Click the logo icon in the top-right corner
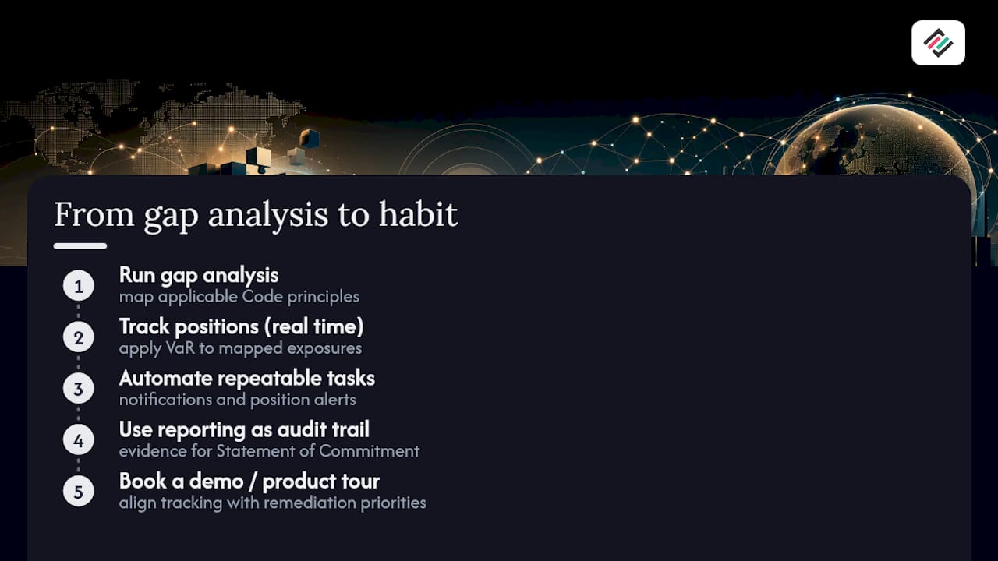pos(938,43)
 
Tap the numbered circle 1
pos(79,286)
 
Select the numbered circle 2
pos(79,337)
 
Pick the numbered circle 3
pos(79,389)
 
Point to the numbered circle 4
pos(79,440)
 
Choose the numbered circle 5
pos(79,492)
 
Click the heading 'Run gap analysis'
pos(199,276)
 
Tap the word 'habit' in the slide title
pos(418,214)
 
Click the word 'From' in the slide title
pos(94,214)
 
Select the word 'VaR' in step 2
pos(180,348)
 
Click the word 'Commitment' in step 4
pos(370,451)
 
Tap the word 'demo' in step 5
pos(216,482)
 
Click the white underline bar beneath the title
pos(80,245)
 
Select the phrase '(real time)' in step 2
pos(313,326)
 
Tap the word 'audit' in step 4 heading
pos(294,430)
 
